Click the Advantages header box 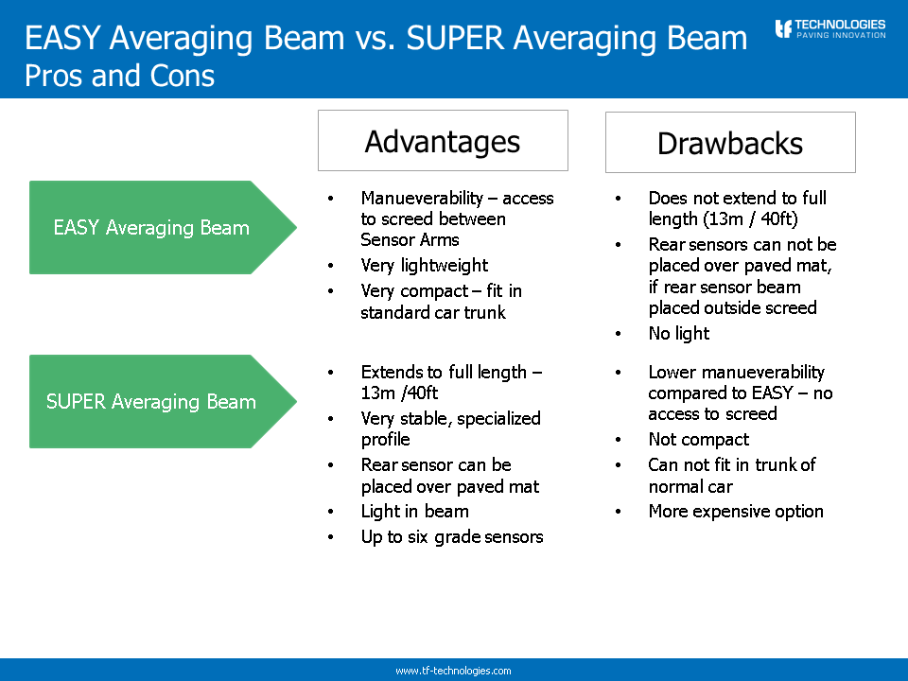(443, 141)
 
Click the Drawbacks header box (730, 143)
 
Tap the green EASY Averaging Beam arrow (163, 228)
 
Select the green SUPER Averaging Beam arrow (163, 401)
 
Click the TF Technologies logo (830, 28)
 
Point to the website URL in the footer (453, 671)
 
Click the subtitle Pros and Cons (120, 76)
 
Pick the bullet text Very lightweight (425, 265)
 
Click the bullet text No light (679, 334)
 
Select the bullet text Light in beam (414, 512)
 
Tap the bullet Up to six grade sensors (452, 537)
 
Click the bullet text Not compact (698, 440)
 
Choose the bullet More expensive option (736, 512)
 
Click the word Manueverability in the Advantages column (422, 198)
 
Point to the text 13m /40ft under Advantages (399, 393)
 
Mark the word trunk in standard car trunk (484, 313)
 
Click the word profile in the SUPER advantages (385, 440)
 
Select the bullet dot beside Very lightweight (331, 266)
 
